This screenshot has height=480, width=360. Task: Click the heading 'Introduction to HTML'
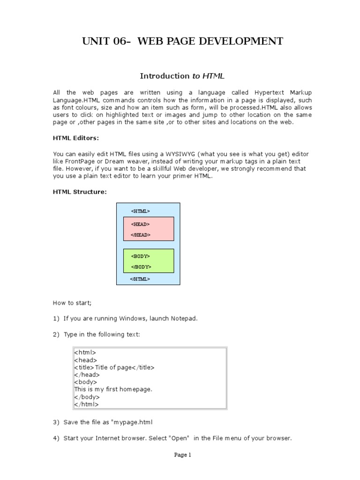[183, 76]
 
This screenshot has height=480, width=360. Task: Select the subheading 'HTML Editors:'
[76, 138]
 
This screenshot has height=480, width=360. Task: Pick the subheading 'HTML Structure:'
[80, 192]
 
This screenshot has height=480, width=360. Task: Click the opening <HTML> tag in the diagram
[141, 211]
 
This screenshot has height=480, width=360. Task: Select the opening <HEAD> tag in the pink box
[141, 224]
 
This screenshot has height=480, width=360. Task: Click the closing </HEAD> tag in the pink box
[141, 235]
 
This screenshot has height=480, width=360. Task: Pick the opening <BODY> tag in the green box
[141, 256]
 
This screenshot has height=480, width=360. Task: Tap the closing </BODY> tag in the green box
[141, 267]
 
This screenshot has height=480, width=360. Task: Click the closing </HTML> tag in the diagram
[140, 279]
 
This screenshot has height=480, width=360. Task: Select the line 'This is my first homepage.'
[113, 389]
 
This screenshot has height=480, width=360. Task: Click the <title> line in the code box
[114, 367]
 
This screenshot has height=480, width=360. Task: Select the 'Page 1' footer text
[183, 455]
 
